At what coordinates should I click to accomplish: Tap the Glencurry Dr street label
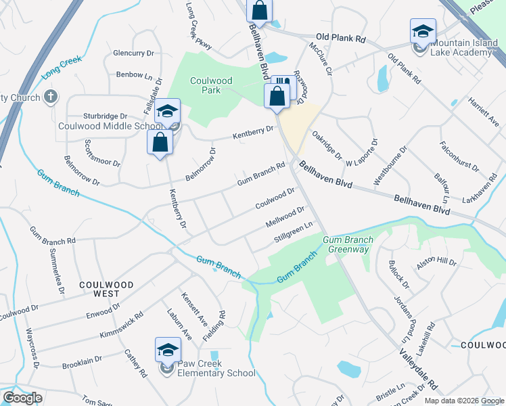[x=134, y=52]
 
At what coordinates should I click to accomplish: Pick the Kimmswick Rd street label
[x=121, y=325]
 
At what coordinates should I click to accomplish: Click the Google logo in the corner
[x=22, y=398]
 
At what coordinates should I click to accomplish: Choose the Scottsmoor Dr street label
[x=103, y=154]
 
